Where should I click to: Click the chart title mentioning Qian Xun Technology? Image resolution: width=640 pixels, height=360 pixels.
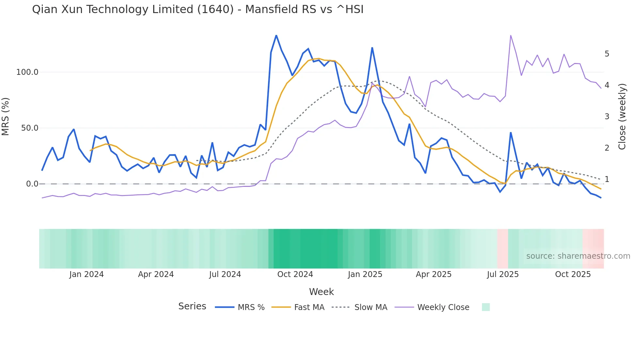pyautogui.click(x=198, y=9)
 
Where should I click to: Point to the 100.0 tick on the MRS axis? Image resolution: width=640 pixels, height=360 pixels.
pyautogui.click(x=27, y=72)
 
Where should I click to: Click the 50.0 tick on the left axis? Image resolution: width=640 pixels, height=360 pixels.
pyautogui.click(x=30, y=128)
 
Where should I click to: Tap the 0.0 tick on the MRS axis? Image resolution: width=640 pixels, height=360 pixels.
pyautogui.click(x=32, y=184)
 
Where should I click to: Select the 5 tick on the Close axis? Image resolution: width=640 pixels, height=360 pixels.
pyautogui.click(x=607, y=54)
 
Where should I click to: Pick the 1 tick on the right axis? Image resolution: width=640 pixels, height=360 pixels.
pyautogui.click(x=607, y=179)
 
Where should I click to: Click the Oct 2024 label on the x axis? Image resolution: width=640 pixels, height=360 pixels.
pyautogui.click(x=295, y=274)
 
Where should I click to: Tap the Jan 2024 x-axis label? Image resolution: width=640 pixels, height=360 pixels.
pyautogui.click(x=86, y=274)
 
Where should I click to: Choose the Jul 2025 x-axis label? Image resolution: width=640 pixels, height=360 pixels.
pyautogui.click(x=503, y=274)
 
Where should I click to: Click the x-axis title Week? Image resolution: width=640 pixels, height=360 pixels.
pyautogui.click(x=321, y=292)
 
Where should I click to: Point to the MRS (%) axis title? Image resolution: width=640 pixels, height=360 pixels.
pyautogui.click(x=6, y=116)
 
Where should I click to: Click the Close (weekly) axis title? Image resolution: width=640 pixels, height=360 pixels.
pyautogui.click(x=622, y=117)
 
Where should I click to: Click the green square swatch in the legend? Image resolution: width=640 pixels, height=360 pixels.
pyautogui.click(x=486, y=307)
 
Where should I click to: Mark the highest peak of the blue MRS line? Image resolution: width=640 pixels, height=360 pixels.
pyautogui.click(x=276, y=36)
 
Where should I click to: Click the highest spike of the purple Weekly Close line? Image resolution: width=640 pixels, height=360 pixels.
pyautogui.click(x=511, y=36)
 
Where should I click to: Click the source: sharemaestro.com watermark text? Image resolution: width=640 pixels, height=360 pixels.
pyautogui.click(x=578, y=256)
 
